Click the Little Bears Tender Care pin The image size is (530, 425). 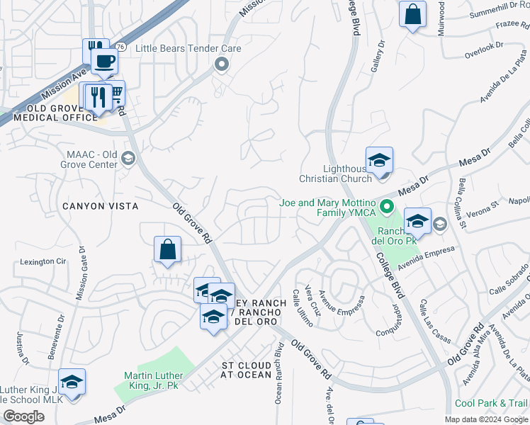click(x=221, y=65)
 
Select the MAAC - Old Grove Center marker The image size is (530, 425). click(x=128, y=157)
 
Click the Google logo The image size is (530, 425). click(x=23, y=416)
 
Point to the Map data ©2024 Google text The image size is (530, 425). click(x=486, y=419)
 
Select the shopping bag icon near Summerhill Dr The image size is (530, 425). click(x=412, y=14)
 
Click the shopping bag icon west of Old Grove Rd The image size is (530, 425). click(x=167, y=249)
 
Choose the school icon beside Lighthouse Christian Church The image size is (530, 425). click(x=379, y=160)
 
